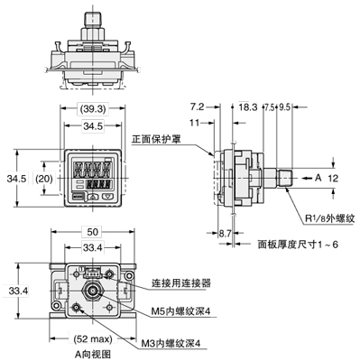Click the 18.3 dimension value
click(249, 106)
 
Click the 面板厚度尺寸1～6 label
click(298, 243)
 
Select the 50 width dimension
click(92, 233)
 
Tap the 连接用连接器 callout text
click(180, 282)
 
